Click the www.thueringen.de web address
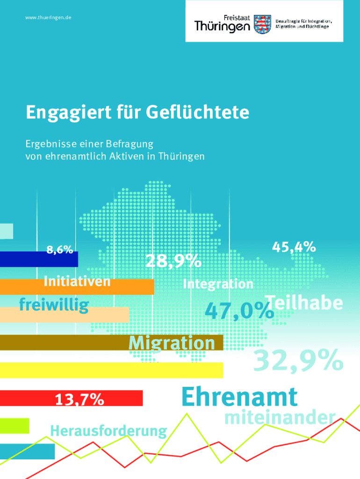click(49, 18)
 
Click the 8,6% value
click(59, 249)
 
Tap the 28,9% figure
click(173, 261)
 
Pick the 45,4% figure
click(294, 247)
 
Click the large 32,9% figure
click(298, 361)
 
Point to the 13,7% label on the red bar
click(79, 399)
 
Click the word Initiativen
click(77, 282)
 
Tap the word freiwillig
click(54, 305)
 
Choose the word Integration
click(218, 283)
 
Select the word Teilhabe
click(304, 303)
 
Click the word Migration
click(172, 343)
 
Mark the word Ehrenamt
click(239, 397)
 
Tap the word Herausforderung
click(108, 430)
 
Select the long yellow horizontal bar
click(111, 370)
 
